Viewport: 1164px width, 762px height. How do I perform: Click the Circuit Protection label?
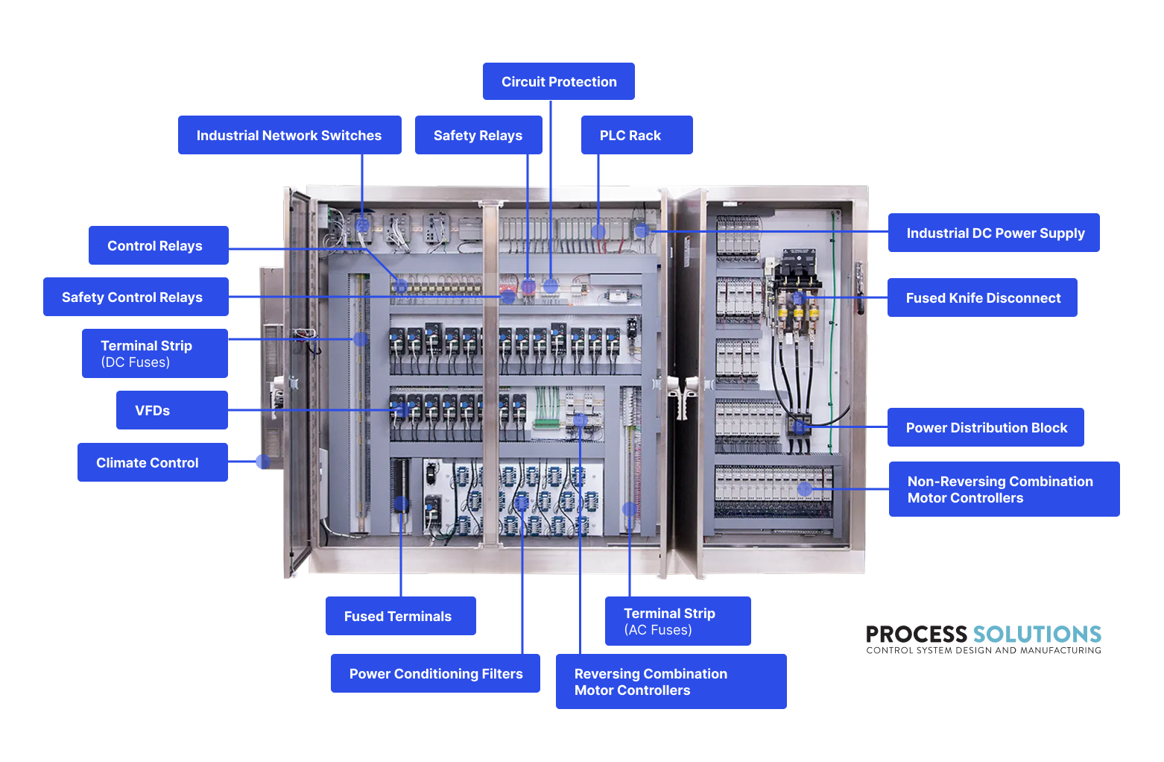559,81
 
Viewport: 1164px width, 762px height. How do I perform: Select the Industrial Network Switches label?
289,135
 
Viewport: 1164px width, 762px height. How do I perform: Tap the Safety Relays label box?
478,135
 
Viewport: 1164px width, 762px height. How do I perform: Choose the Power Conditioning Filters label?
435,673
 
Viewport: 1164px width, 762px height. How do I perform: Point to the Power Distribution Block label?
985,427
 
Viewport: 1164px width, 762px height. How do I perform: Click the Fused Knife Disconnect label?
982,297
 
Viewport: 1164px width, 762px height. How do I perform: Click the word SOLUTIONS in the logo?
1037,635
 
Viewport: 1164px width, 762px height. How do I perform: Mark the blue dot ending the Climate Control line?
262,462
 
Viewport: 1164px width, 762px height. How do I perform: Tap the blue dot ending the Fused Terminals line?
401,504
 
